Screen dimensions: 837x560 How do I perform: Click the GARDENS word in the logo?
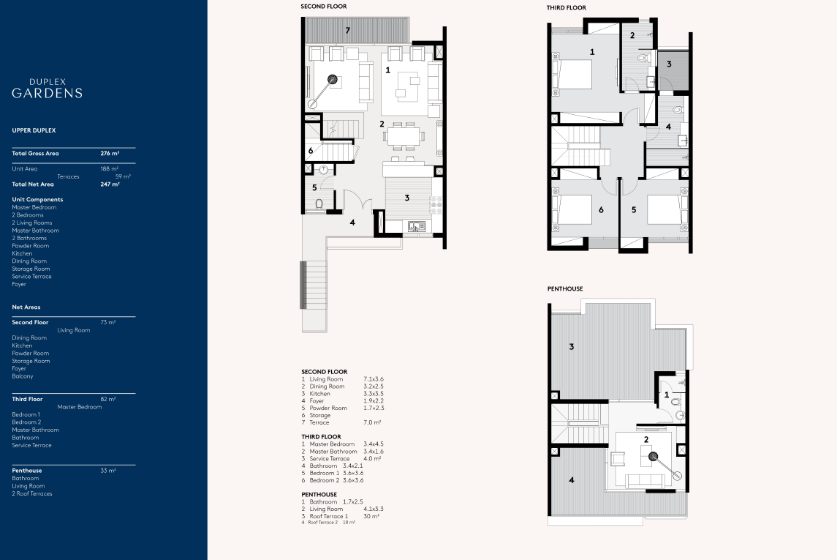(47, 93)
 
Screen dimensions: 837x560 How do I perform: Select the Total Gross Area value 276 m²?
(110, 153)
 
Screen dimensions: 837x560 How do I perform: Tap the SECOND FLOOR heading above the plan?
(324, 7)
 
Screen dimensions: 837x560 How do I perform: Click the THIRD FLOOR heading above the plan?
(567, 7)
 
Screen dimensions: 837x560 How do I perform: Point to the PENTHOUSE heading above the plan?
(565, 288)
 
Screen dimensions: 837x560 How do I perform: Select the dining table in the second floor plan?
(404, 136)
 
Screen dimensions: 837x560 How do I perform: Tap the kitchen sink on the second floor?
(417, 227)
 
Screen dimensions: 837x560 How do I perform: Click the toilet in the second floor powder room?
(319, 204)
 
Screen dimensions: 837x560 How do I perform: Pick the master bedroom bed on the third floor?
(573, 74)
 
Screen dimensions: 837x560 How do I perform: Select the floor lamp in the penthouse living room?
(665, 466)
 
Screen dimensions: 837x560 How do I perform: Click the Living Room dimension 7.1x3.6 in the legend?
(374, 379)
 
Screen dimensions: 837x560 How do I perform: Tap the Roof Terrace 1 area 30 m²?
(371, 516)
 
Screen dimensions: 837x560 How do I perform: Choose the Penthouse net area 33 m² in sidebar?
(108, 471)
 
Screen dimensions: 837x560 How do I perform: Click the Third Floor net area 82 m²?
(108, 399)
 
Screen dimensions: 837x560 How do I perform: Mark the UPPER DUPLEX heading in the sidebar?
(34, 130)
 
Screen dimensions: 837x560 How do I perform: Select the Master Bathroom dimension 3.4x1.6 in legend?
(374, 452)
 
